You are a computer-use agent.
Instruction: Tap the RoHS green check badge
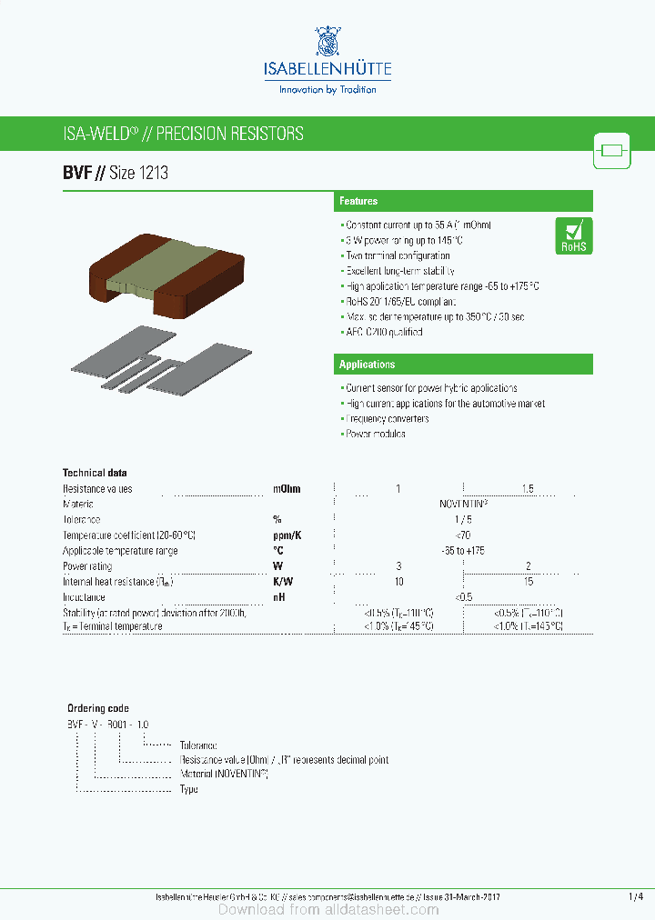pyautogui.click(x=573, y=235)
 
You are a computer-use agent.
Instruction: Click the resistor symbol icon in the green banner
pyautogui.click(x=611, y=150)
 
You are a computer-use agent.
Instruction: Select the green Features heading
pyautogui.click(x=358, y=201)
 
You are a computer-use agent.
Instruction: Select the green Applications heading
pyautogui.click(x=367, y=365)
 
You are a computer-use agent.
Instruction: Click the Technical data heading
pyautogui.click(x=95, y=473)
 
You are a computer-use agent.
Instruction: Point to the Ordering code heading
pyautogui.click(x=98, y=708)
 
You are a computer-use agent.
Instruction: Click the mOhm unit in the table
pyautogui.click(x=287, y=489)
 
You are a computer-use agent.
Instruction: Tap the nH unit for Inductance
pyautogui.click(x=279, y=597)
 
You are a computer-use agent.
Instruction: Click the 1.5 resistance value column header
pyautogui.click(x=528, y=489)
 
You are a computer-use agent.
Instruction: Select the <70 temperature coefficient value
pyautogui.click(x=463, y=535)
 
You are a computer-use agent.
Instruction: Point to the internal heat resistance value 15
pyautogui.click(x=529, y=582)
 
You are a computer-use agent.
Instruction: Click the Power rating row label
pyautogui.click(x=87, y=566)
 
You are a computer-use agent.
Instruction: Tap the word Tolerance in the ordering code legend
pyautogui.click(x=198, y=745)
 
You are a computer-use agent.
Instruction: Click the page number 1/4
pyautogui.click(x=635, y=897)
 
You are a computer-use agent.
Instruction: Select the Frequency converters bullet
pyautogui.click(x=388, y=419)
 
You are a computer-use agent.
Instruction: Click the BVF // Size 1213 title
pyautogui.click(x=115, y=173)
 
